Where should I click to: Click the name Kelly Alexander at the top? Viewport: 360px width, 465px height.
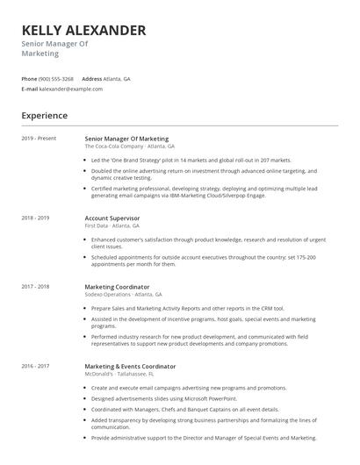[x=83, y=30]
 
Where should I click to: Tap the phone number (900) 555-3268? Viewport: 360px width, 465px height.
[x=56, y=78]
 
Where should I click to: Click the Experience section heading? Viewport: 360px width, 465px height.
[x=44, y=115]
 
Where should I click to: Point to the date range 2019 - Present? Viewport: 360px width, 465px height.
[x=39, y=139]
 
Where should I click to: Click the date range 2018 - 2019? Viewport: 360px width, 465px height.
[x=35, y=217]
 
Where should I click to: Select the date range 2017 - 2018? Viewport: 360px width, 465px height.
[x=35, y=286]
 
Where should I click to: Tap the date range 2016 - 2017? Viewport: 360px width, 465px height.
[x=35, y=365]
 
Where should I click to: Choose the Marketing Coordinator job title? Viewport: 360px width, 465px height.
[x=117, y=286]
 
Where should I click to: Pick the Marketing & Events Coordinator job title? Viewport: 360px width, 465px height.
[x=130, y=365]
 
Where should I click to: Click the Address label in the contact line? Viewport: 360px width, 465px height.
[x=92, y=78]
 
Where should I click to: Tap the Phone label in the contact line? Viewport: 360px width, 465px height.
[x=29, y=78]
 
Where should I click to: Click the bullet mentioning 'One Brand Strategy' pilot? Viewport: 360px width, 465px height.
[x=191, y=160]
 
